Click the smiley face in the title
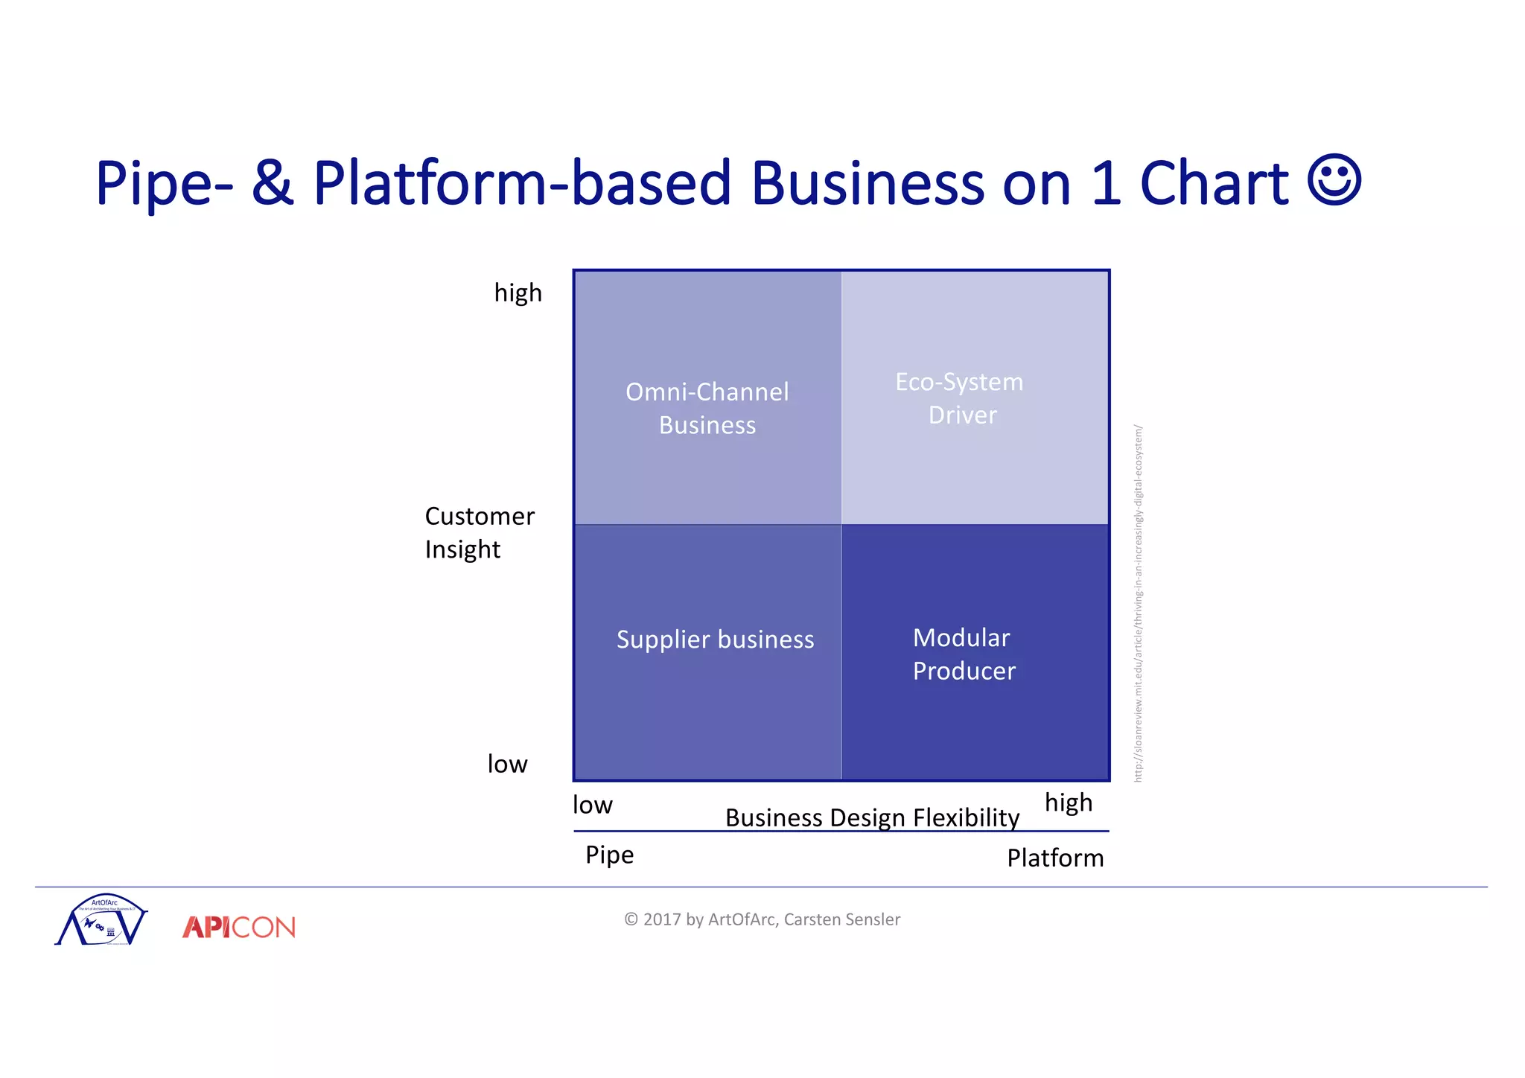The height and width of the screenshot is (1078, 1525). point(1334,180)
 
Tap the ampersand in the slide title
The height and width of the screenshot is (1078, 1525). point(273,183)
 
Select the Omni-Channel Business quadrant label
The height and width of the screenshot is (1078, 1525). point(707,408)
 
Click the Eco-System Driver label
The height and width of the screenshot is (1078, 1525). point(961,398)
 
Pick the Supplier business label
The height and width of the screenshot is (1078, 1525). point(715,640)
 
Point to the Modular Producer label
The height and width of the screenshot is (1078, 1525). point(964,654)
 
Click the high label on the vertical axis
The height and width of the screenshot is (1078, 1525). point(518,293)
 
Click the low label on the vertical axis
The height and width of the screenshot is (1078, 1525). point(507,764)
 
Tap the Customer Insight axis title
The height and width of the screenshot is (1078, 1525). point(479,532)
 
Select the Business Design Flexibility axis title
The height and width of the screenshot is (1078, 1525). point(872,817)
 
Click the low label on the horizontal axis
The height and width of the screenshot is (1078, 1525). point(592,805)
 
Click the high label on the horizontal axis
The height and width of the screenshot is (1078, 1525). point(1069,803)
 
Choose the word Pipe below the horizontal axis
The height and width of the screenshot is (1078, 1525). point(609,855)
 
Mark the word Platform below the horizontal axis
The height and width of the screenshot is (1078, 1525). point(1055,858)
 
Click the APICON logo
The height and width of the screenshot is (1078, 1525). point(239,927)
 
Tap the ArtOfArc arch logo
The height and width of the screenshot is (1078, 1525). point(102,920)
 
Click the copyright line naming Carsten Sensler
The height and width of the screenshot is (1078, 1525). point(762,919)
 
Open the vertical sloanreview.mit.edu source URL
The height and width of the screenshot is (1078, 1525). point(1138,603)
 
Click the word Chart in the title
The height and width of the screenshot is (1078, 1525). point(1214,183)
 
